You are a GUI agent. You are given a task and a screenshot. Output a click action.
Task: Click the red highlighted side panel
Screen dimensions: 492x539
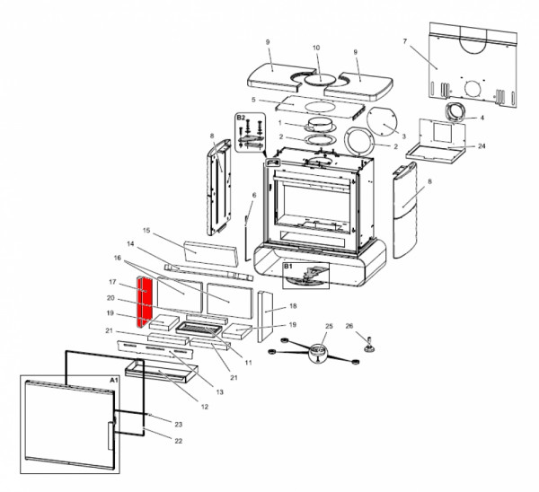click(143, 302)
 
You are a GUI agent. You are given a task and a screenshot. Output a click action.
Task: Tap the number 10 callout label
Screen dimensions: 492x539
click(315, 48)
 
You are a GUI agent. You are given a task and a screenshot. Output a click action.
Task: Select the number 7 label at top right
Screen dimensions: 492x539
click(405, 42)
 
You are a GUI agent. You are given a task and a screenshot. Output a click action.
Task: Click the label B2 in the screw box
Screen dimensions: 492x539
click(241, 118)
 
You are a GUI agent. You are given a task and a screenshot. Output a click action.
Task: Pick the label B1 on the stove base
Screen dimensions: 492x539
click(288, 267)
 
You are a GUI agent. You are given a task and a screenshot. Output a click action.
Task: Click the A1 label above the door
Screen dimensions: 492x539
click(113, 381)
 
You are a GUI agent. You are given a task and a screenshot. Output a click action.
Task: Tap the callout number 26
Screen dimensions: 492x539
click(350, 326)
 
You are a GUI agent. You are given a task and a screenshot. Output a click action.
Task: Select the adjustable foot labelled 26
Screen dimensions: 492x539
click(368, 342)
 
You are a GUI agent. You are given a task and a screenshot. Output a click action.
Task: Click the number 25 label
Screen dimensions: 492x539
click(328, 326)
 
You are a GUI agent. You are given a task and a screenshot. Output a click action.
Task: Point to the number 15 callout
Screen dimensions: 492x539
click(147, 231)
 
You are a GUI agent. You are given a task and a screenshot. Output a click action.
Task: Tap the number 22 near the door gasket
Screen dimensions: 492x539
click(178, 440)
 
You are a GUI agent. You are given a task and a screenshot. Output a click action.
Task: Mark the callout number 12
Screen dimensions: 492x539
click(204, 407)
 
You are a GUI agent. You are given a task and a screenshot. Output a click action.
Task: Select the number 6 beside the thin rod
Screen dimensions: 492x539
click(253, 195)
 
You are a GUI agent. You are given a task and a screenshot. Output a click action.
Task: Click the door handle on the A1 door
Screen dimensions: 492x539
click(111, 436)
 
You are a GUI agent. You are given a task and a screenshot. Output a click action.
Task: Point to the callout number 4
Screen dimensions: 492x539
click(482, 118)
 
